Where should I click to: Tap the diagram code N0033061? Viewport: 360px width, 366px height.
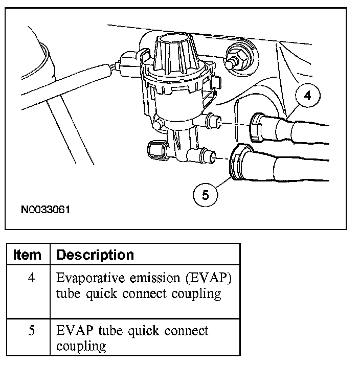46,209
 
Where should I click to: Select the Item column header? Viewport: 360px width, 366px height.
27,255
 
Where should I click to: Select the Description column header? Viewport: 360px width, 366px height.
95,255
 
